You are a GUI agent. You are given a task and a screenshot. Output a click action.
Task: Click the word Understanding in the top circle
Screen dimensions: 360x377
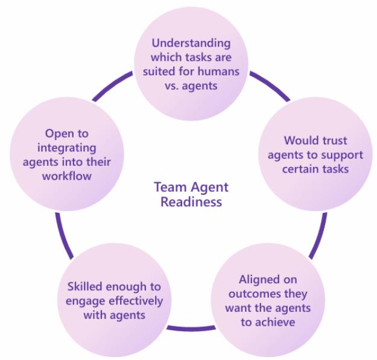click(x=191, y=43)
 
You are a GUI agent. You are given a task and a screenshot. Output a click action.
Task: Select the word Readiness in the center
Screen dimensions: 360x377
click(x=191, y=202)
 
